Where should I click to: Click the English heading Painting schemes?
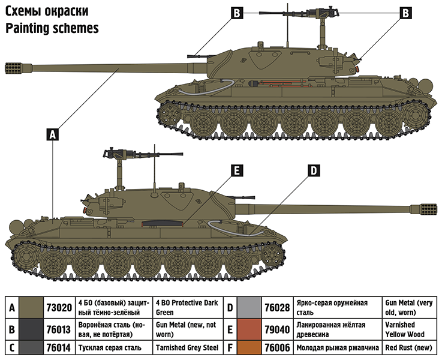[52, 28]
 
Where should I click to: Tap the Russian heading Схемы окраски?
[47, 11]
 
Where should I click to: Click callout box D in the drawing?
[313, 171]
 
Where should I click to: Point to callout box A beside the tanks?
[53, 135]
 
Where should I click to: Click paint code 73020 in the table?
[59, 308]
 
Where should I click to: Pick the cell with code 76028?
[277, 308]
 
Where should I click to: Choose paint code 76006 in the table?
[277, 347]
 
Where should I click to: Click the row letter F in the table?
[230, 347]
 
